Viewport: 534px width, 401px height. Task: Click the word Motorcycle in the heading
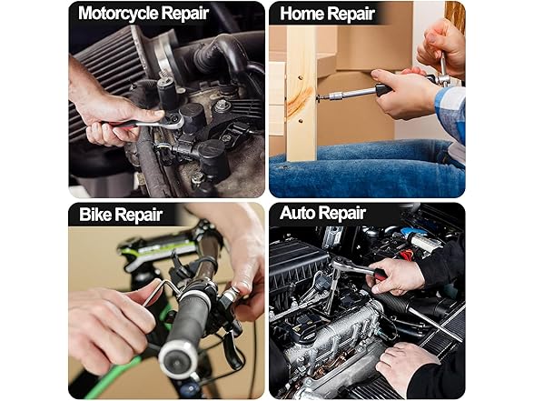(x=118, y=14)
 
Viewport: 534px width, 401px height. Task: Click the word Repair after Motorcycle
(x=184, y=14)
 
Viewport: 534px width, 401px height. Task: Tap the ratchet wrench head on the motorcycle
(x=174, y=121)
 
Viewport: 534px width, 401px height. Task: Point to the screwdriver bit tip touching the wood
(x=319, y=98)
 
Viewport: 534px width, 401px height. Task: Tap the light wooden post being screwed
(x=302, y=92)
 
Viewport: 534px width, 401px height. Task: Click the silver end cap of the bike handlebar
(x=178, y=359)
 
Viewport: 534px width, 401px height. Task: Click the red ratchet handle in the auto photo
(x=379, y=274)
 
